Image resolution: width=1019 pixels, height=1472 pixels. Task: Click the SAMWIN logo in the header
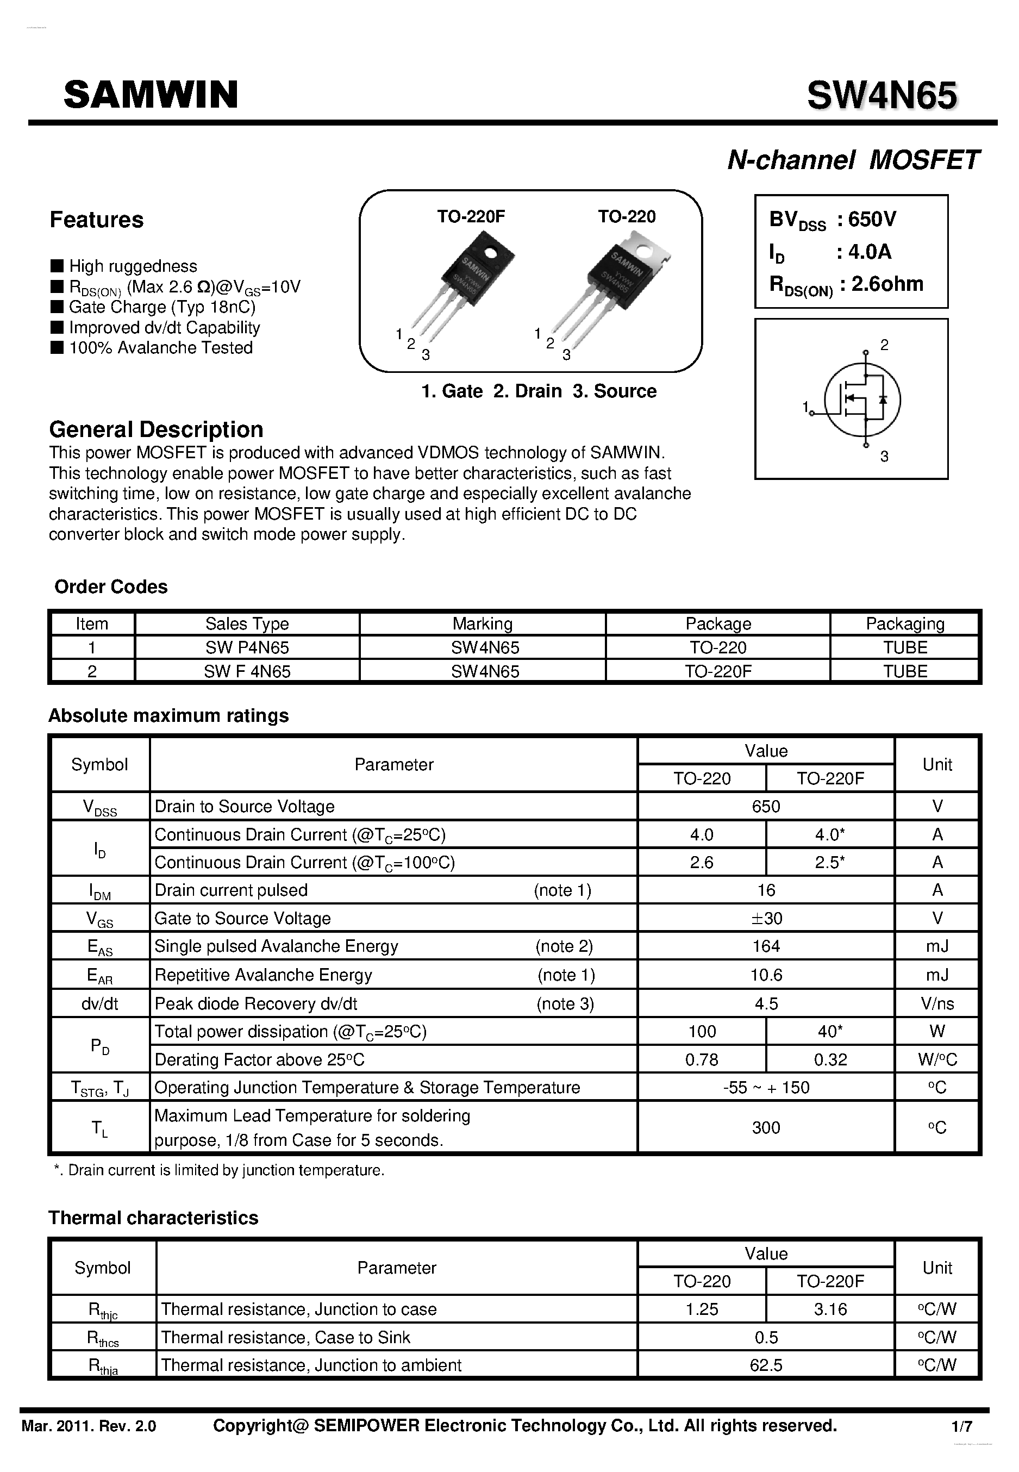pos(151,95)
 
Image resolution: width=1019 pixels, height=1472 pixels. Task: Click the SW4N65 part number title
pos(881,96)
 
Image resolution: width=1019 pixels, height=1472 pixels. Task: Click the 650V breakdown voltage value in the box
pos(872,220)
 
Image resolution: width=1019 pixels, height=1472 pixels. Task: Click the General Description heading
pos(156,429)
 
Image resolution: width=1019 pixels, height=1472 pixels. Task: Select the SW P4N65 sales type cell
pos(247,647)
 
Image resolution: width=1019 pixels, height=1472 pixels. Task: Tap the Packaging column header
pos(904,624)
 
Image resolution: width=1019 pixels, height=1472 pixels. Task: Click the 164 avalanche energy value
pos(766,946)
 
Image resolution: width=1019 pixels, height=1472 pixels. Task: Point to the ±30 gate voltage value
pos(766,918)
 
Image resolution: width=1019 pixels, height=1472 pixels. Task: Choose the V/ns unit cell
pos(936,1003)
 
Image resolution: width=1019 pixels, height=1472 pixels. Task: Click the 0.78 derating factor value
pos(701,1060)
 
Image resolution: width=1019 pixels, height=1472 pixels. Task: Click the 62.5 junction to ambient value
pos(766,1365)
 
